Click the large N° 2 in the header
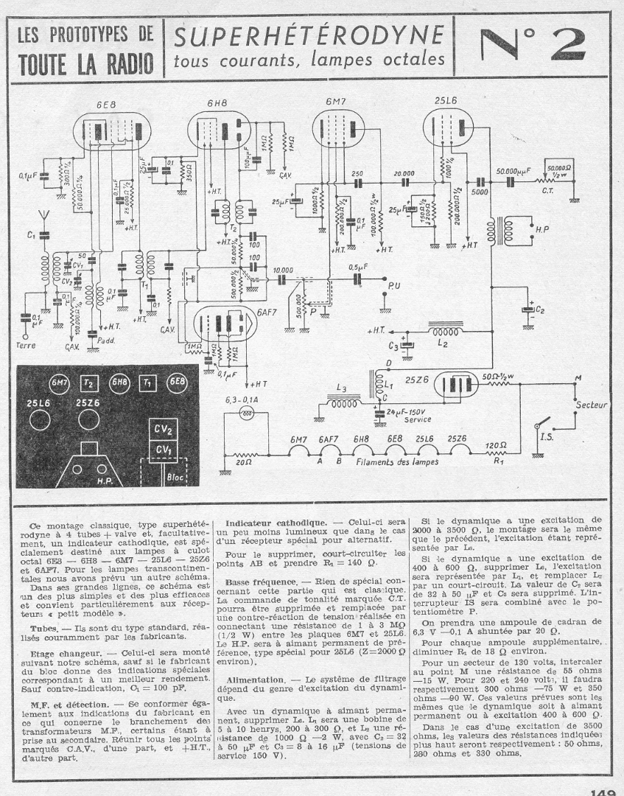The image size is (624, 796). coord(533,46)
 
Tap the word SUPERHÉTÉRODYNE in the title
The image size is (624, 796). coord(309,35)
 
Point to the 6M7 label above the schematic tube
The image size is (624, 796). coord(338,101)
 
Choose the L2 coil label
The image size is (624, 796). coord(442,343)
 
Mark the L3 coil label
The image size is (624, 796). coord(340,388)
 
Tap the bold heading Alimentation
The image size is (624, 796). coord(254,678)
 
